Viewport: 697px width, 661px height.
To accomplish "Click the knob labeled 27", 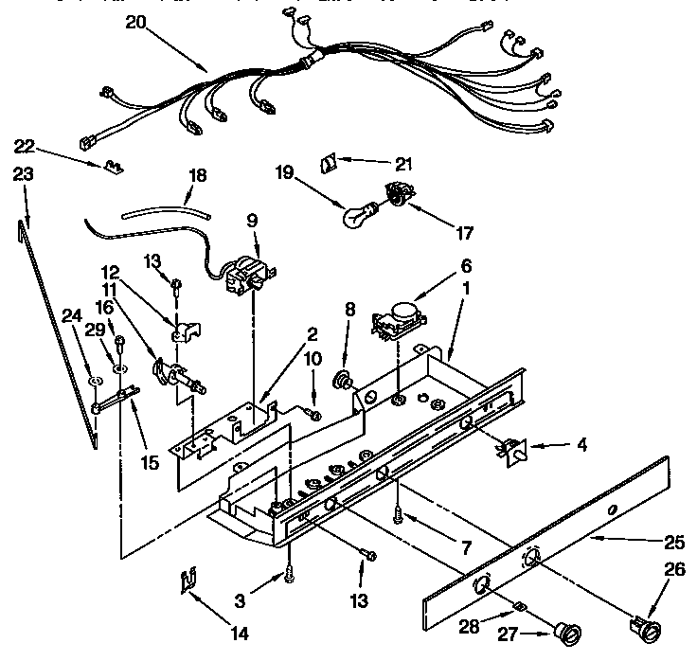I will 569,634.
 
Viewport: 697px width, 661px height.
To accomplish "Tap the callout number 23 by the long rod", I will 24,174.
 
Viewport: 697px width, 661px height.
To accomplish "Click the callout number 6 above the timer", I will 467,266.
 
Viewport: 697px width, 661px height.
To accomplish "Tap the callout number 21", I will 403,164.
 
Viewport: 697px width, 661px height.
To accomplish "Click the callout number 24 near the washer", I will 69,317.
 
